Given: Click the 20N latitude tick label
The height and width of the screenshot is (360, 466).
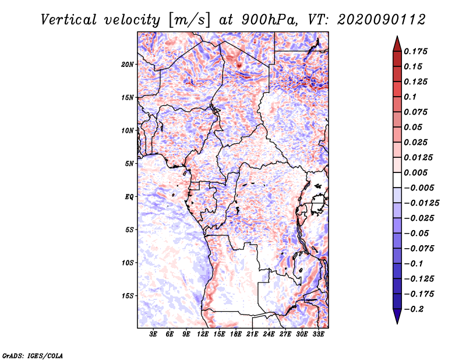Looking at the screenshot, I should tap(128, 64).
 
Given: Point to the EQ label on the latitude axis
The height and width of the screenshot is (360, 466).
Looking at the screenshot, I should tap(129, 197).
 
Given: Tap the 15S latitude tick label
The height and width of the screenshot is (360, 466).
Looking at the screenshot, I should tap(128, 296).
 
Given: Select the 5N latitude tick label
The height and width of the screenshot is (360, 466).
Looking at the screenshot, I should tap(129, 164).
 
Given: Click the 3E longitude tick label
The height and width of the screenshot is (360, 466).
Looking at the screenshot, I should tap(153, 335).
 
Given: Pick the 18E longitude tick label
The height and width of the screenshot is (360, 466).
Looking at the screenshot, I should tap(236, 335).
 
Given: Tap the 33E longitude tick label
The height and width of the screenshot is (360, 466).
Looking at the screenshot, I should tap(319, 335).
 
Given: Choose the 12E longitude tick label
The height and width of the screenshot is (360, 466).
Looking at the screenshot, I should tap(203, 335).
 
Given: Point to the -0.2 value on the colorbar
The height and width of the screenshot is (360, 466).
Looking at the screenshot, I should tap(416, 309).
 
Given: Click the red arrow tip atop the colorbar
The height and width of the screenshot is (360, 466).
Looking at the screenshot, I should tap(396, 40).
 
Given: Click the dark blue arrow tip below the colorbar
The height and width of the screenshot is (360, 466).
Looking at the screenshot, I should tap(396, 319).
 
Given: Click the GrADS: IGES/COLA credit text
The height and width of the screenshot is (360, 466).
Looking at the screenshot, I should tap(32, 355).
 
